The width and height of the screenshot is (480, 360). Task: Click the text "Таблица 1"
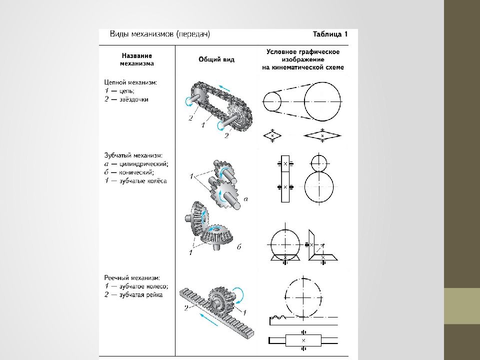click(x=329, y=34)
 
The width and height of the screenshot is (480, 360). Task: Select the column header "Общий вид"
click(x=216, y=59)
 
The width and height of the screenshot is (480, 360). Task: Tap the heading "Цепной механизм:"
click(x=130, y=81)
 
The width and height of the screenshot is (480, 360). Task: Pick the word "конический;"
click(x=136, y=171)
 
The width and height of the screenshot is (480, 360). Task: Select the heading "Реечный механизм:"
click(x=132, y=278)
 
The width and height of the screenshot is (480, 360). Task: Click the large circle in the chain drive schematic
click(x=322, y=102)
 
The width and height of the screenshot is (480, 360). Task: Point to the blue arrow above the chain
click(x=224, y=87)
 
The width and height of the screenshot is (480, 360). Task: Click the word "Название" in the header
click(x=136, y=56)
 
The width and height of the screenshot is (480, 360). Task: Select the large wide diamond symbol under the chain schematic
click(x=322, y=135)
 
